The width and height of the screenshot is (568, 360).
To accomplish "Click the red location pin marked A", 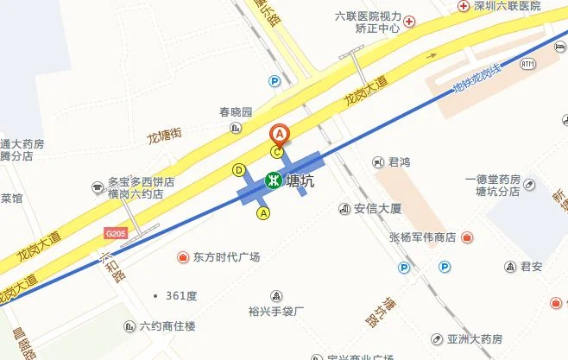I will point(280,135).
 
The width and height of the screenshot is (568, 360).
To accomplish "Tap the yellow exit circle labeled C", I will point(277,152).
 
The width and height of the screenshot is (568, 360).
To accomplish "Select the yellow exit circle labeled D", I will point(239,170).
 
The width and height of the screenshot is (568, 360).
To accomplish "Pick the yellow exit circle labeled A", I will point(264,212).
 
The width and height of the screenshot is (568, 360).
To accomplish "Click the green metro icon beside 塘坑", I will point(273,181).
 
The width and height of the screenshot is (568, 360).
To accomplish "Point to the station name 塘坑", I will point(300,181).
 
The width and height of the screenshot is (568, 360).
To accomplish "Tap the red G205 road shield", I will point(115,233).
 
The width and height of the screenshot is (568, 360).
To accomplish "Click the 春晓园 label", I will point(234,113).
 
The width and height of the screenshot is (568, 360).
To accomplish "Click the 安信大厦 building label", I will point(378,208).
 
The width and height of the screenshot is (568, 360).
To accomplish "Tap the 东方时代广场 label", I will point(226,256).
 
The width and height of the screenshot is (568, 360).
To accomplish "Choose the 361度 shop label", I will point(181,295).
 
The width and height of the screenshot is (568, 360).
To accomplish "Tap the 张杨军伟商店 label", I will point(422,237).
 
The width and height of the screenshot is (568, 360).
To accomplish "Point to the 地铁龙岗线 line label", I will point(476,79).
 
